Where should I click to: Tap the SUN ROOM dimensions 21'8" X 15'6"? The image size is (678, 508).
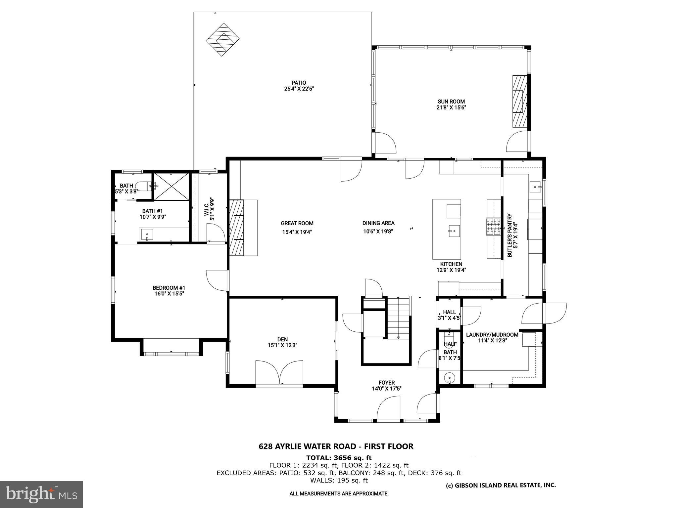tap(451, 107)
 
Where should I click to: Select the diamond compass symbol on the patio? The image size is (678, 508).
tap(223, 40)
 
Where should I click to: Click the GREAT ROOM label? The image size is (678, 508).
tap(297, 223)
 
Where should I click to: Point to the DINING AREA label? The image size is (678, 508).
tap(378, 223)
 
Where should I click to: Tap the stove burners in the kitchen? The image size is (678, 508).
tap(493, 227)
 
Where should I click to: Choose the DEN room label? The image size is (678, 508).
tap(282, 339)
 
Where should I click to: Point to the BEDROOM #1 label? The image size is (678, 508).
tap(169, 288)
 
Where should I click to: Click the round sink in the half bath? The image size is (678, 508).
tap(450, 377)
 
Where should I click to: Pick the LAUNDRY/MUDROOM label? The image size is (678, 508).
tap(492, 335)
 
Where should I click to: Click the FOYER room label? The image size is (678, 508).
tap(387, 383)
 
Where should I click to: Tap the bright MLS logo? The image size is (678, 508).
tap(41, 494)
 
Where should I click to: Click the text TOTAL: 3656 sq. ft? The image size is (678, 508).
tap(339, 458)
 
